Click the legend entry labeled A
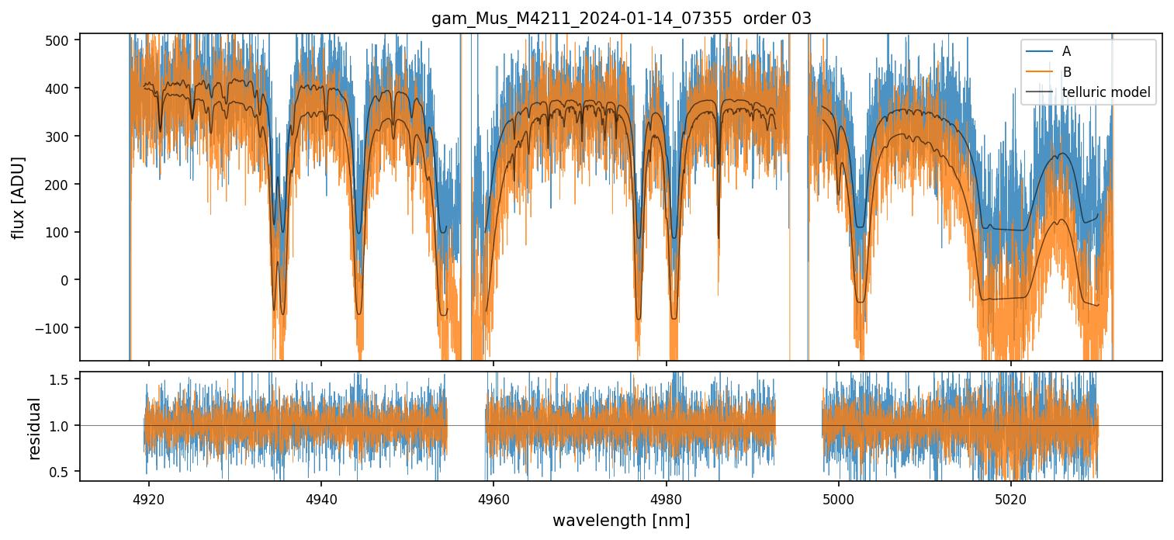1066,51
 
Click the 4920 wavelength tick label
149,497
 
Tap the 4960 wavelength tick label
493,497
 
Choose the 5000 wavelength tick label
839,497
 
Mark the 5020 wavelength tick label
1011,497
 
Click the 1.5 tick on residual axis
61,379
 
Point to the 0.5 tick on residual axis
61,471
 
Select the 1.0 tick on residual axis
61,425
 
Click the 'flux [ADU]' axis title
19,197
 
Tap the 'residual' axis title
34,428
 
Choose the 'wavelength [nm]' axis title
621,520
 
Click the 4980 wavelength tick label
667,497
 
